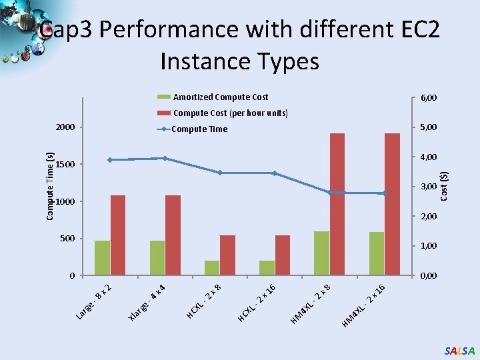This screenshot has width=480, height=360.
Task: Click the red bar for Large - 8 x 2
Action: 118,235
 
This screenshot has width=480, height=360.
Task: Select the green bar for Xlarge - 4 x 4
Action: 157,257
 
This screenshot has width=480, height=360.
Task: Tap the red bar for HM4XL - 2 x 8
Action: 337,204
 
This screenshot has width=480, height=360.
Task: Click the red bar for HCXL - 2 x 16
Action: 283,255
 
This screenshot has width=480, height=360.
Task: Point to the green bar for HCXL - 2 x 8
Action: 212,267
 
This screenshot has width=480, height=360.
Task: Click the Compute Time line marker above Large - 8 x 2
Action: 110,160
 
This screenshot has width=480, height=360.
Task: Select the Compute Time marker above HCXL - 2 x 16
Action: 275,173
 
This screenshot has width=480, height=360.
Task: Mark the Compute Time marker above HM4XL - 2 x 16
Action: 384,193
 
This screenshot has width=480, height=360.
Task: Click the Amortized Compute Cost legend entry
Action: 220,97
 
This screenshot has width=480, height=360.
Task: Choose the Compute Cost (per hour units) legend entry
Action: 230,113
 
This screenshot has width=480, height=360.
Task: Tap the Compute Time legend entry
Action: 199,129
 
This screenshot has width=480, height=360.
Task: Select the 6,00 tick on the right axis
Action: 428,98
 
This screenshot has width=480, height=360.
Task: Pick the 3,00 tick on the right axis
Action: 428,187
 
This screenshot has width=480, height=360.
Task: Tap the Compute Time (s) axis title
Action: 50,185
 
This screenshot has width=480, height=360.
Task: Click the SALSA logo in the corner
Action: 459,351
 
